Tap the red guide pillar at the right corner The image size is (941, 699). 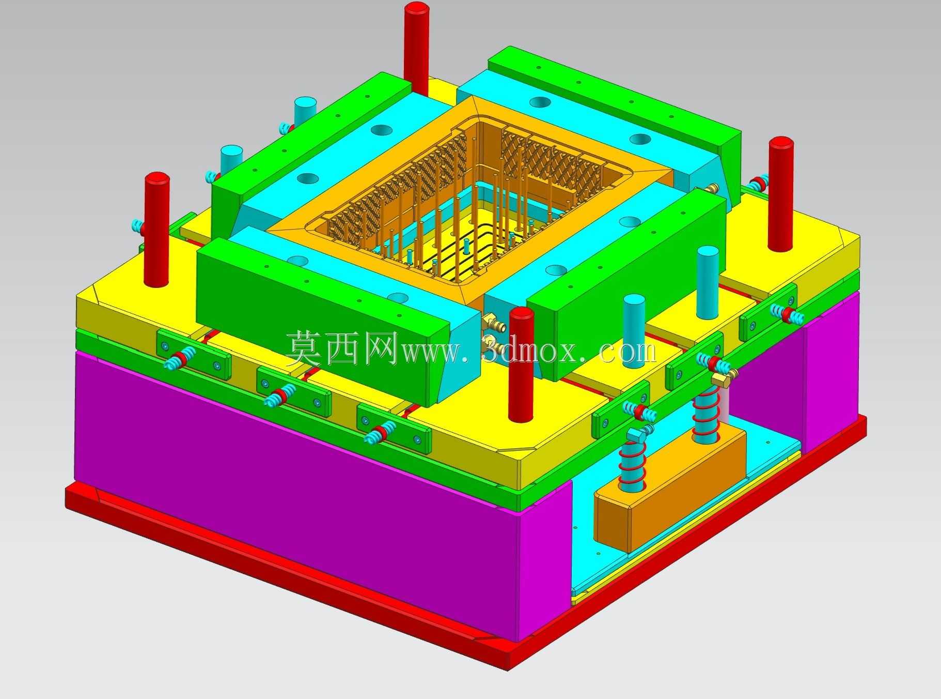tap(780, 194)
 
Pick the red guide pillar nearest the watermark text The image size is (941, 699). tap(521, 364)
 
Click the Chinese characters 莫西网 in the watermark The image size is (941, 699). tap(341, 348)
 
